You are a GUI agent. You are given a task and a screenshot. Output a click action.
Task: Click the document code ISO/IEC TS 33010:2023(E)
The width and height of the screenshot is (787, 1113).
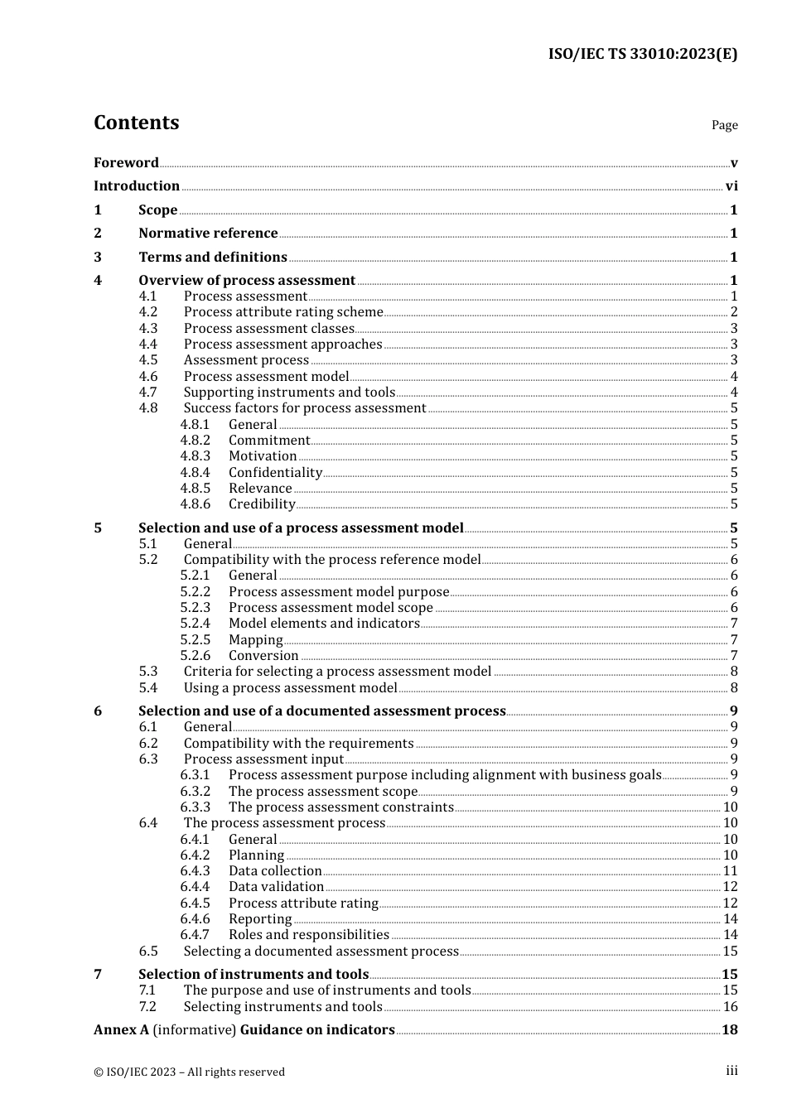(642, 55)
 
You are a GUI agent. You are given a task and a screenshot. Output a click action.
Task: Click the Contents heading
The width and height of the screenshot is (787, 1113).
(136, 123)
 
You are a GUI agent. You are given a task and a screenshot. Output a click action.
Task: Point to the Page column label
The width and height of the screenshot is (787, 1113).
(724, 125)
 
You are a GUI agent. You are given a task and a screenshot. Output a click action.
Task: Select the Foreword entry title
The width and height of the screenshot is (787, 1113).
(126, 162)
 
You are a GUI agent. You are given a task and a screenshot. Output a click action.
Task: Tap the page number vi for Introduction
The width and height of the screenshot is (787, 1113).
(731, 186)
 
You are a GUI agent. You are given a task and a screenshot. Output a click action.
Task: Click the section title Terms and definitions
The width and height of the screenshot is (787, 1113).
(213, 258)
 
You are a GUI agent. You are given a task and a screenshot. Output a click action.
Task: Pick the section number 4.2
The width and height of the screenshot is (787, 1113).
(148, 312)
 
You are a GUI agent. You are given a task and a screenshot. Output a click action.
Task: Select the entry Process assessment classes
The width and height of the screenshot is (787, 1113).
(268, 328)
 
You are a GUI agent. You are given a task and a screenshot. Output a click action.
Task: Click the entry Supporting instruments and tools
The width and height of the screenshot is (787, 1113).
(289, 392)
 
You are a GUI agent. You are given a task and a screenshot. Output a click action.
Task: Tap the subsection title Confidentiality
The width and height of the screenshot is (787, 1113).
(275, 472)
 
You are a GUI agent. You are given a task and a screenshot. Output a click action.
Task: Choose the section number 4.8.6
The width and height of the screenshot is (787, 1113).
(196, 503)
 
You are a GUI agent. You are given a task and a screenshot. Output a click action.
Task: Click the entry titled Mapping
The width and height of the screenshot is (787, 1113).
(255, 639)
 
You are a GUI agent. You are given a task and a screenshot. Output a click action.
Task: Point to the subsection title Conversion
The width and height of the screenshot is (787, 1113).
(263, 655)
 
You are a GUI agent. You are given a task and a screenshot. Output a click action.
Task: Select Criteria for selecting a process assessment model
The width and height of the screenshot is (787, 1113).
(337, 672)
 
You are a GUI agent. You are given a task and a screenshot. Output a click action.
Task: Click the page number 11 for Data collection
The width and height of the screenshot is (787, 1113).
(730, 871)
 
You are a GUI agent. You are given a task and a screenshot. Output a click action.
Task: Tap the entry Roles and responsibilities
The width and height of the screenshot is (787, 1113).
(308, 935)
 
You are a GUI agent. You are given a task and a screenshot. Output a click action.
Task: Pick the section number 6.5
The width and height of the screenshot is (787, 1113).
(148, 951)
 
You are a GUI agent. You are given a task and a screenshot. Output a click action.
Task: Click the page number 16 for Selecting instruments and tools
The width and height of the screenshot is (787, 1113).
(730, 1007)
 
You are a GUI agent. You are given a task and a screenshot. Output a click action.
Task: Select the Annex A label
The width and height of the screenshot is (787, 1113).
(121, 1030)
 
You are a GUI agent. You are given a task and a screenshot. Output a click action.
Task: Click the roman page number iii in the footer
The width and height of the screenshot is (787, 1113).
(731, 1071)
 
